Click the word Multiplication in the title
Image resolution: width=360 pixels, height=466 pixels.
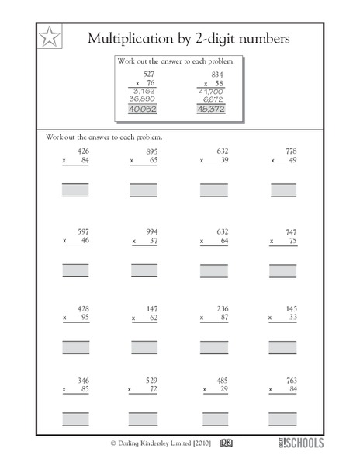[133, 38]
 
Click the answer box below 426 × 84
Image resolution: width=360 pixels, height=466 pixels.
[75, 190]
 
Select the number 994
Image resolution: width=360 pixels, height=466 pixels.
[151, 232]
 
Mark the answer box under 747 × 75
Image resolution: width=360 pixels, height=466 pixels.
[282, 270]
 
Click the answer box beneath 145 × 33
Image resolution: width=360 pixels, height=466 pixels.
[282, 346]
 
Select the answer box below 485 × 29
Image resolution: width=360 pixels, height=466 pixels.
[214, 417]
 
